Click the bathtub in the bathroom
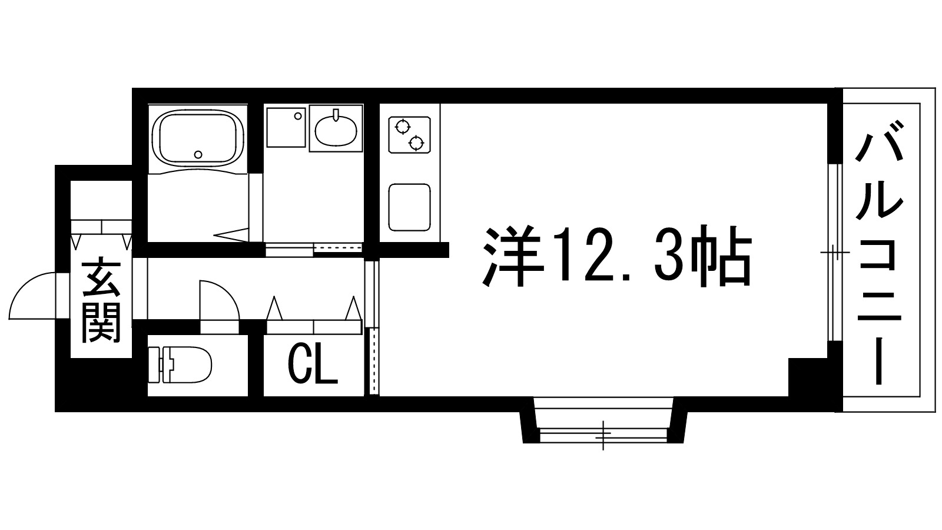tap(198, 139)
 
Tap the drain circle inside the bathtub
tap(198, 155)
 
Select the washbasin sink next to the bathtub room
tap(336, 129)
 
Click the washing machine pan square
tap(286, 127)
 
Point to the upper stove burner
tap(403, 126)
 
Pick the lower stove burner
tap(417, 142)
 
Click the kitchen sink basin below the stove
tap(409, 207)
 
